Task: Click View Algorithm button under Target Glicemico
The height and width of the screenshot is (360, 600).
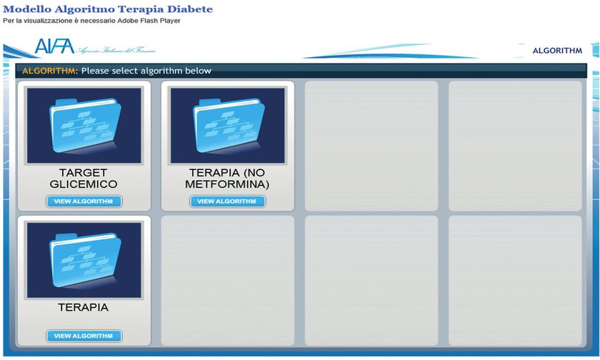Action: point(84,201)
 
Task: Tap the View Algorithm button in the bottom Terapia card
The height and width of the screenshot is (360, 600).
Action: point(84,336)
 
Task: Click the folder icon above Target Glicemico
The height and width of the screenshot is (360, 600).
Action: point(85,126)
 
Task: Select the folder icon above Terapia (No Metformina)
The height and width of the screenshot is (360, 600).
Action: point(229,126)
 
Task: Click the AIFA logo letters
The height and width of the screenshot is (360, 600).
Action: point(54,47)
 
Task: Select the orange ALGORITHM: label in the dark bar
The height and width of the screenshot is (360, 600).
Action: point(49,71)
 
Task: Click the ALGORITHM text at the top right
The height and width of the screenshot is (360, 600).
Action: point(558,51)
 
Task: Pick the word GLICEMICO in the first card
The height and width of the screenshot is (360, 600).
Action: point(83,184)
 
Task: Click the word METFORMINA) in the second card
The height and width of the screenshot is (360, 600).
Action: point(227,184)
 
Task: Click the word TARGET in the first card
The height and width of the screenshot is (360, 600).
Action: point(83,172)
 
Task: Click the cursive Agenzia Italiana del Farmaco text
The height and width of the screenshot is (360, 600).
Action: point(116,50)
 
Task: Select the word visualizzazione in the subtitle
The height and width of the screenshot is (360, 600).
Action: point(46,20)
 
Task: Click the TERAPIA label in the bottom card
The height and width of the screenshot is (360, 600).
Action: point(83,307)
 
